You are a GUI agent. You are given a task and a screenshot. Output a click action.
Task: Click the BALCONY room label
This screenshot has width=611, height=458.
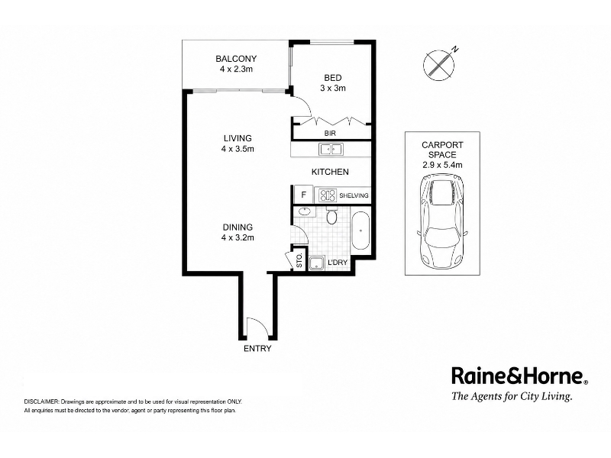click(x=236, y=59)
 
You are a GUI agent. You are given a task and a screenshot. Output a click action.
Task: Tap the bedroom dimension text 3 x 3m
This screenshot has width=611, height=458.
click(x=333, y=88)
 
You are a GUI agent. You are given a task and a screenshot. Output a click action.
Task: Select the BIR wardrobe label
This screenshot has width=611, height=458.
click(x=330, y=133)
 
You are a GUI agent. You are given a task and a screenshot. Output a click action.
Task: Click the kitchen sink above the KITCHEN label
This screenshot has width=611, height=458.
click(x=331, y=149)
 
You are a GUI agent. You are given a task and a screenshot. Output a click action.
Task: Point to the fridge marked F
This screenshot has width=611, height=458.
click(x=303, y=195)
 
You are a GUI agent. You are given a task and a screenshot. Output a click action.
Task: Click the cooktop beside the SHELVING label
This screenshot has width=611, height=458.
click(x=328, y=195)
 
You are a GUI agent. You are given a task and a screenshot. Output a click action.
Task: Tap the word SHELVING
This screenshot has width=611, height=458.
click(x=354, y=195)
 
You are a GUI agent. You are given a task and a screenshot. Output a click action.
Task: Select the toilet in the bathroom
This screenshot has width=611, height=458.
click(x=331, y=216)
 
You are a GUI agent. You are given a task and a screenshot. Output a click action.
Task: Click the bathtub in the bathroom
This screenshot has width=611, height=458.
click(x=360, y=231)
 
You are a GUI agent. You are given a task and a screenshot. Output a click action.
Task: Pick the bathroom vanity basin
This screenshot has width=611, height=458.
click(x=303, y=212)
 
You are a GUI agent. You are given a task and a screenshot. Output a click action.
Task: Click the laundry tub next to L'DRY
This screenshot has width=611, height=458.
click(x=317, y=263)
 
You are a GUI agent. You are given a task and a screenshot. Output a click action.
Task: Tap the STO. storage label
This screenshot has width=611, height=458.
click(x=299, y=260)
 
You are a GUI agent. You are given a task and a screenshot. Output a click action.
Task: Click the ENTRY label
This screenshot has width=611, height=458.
click(x=257, y=349)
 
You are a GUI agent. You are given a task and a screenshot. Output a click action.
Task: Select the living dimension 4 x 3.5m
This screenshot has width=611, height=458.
click(x=238, y=149)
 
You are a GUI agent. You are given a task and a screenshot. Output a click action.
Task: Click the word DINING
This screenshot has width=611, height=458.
click(x=238, y=227)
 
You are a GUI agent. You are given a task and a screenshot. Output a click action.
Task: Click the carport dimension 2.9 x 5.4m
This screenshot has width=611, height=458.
click(x=442, y=165)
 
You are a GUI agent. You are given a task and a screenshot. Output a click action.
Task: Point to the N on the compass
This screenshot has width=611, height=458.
click(x=455, y=49)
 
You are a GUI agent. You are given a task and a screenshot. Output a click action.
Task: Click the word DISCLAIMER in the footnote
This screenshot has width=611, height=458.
click(x=41, y=402)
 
